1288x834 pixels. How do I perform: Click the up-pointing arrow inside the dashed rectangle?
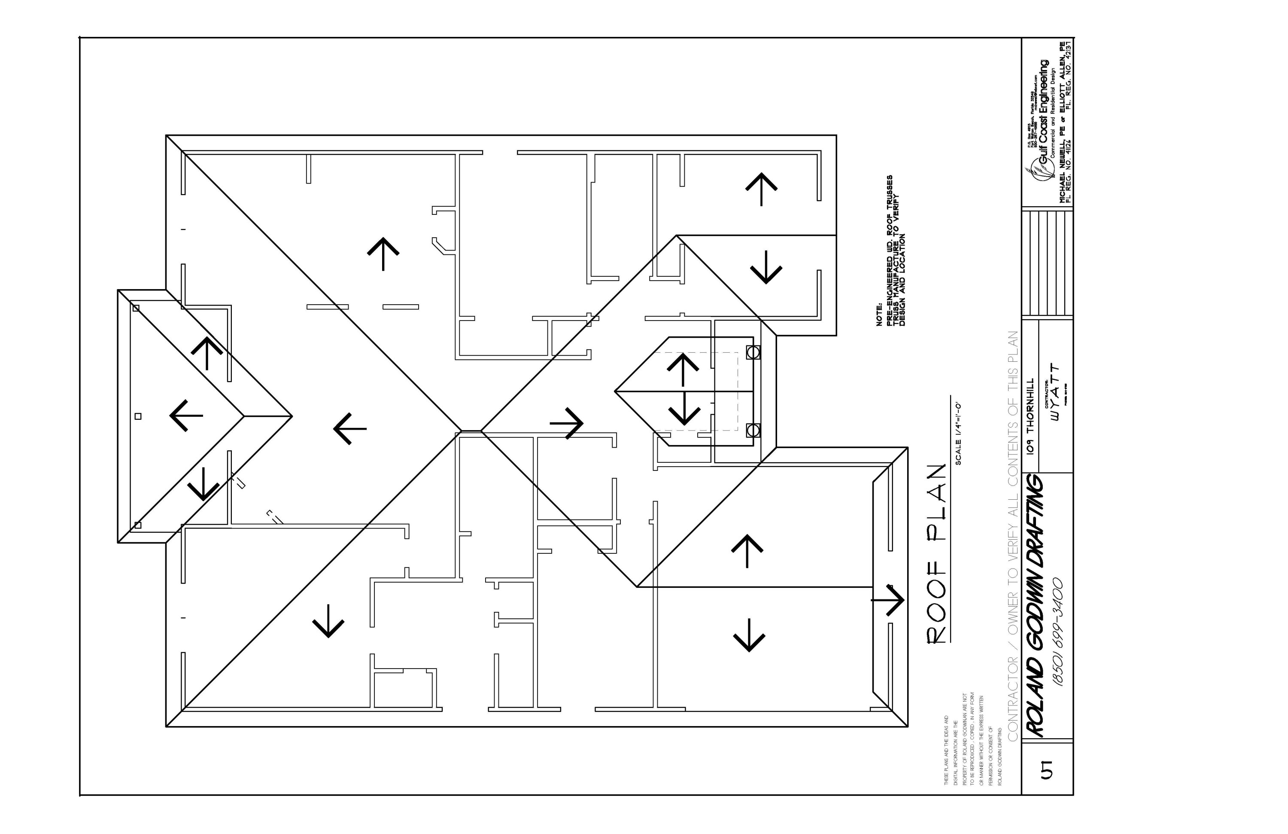(x=683, y=370)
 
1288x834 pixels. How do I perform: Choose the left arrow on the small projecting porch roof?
(x=186, y=415)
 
